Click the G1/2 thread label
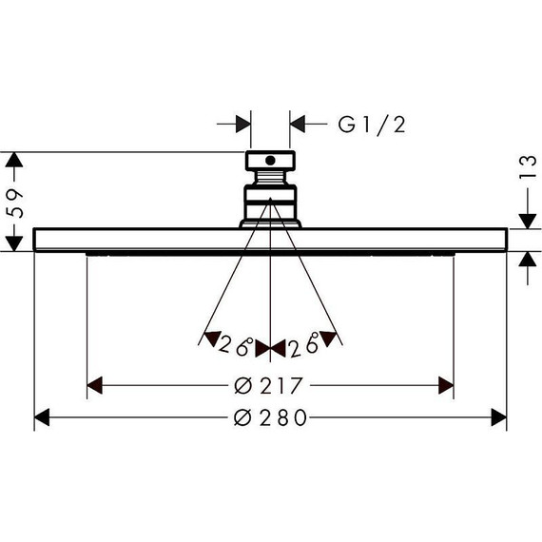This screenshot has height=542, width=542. pos(372,125)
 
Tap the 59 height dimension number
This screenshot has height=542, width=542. pos(15,203)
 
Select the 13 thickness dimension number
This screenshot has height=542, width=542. pos(528,167)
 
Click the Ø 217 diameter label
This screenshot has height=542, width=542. pos(268,385)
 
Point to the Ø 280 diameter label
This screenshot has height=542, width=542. pos(270,417)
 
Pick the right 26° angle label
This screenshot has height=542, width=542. pos(304,344)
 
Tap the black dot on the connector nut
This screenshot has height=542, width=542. pos(270,161)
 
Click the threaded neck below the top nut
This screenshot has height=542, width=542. pos(270,178)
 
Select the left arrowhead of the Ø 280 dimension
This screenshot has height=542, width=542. pos(42,417)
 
